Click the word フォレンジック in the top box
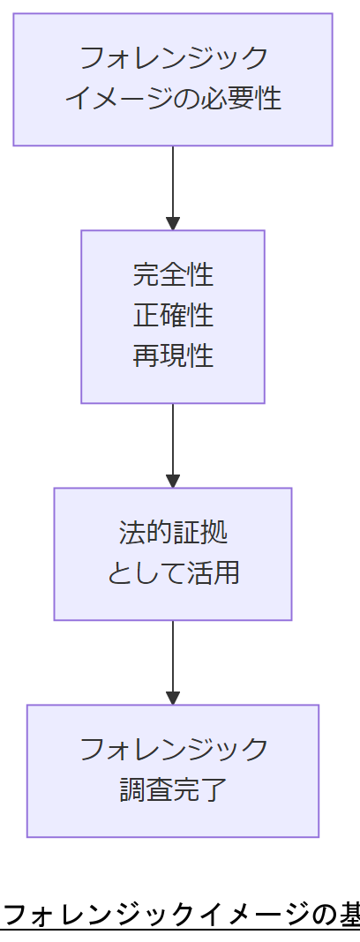173,58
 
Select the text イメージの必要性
173,98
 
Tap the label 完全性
173,274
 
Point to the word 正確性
173,315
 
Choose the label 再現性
173,355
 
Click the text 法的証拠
173,533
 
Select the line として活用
173,573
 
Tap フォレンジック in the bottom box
173,749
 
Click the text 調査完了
173,789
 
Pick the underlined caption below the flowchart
180,915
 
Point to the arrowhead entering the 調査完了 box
173,698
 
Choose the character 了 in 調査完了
215,789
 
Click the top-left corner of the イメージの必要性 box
14,14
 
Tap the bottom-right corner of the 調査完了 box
318,836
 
